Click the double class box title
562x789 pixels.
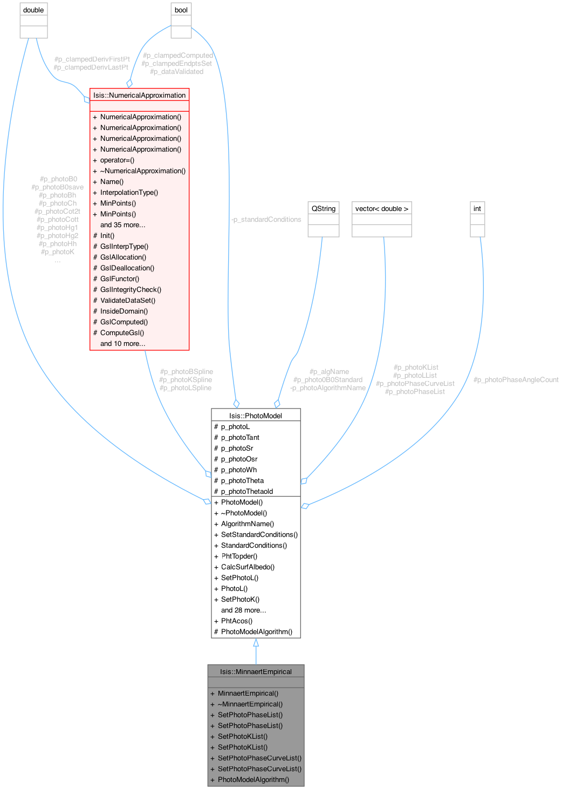[33, 10]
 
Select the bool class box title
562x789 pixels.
[181, 10]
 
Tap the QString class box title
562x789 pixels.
[323, 208]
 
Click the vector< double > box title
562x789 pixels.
[382, 208]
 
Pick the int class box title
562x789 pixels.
[477, 208]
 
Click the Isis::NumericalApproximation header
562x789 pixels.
[139, 95]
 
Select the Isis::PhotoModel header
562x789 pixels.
[256, 415]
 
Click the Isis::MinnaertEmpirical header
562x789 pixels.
[256, 671]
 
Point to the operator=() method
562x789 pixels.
[117, 160]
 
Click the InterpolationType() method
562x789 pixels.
[129, 192]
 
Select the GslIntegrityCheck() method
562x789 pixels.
[131, 289]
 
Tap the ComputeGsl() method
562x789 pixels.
[122, 332]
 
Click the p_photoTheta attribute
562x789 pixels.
[242, 480]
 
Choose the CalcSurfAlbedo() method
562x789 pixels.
[248, 567]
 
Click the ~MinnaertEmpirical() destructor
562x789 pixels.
[250, 704]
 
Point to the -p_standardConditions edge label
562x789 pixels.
[265, 219]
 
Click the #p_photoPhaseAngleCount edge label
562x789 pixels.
[516, 379]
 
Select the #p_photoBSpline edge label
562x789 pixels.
[186, 371]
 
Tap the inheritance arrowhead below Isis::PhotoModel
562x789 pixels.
[256, 643]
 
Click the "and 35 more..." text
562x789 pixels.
[122, 225]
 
